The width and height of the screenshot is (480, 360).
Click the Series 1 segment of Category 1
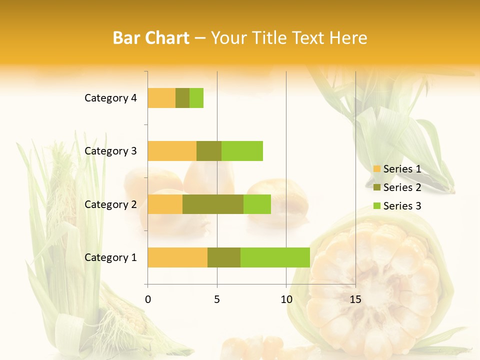coord(177,257)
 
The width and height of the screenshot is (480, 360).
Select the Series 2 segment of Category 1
coord(224,257)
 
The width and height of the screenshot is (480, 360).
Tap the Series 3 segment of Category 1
coord(275,257)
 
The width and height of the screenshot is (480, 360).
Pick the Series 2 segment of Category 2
coord(213,204)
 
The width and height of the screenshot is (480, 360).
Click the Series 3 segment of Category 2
coord(257,204)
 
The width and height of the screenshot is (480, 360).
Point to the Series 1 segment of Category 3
coord(172,151)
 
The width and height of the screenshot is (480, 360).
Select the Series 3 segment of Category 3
coord(242,151)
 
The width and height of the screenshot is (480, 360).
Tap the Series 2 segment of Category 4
coord(182,98)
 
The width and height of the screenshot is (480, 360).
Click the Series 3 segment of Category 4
coord(196,98)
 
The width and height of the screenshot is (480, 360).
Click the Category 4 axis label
coord(110,98)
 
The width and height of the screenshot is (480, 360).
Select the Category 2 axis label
coord(110,204)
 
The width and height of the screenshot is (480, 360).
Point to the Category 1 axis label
coord(110,257)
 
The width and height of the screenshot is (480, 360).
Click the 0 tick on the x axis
coord(148,299)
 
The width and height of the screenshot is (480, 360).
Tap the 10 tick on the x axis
coord(286,299)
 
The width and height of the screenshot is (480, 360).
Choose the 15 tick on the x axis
coord(355,299)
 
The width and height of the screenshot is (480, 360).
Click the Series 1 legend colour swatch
coord(377,169)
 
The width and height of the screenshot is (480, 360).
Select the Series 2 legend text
coord(402,187)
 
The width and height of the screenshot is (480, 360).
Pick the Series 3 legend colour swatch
coord(377,206)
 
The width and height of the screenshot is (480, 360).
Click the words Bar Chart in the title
coord(151,38)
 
